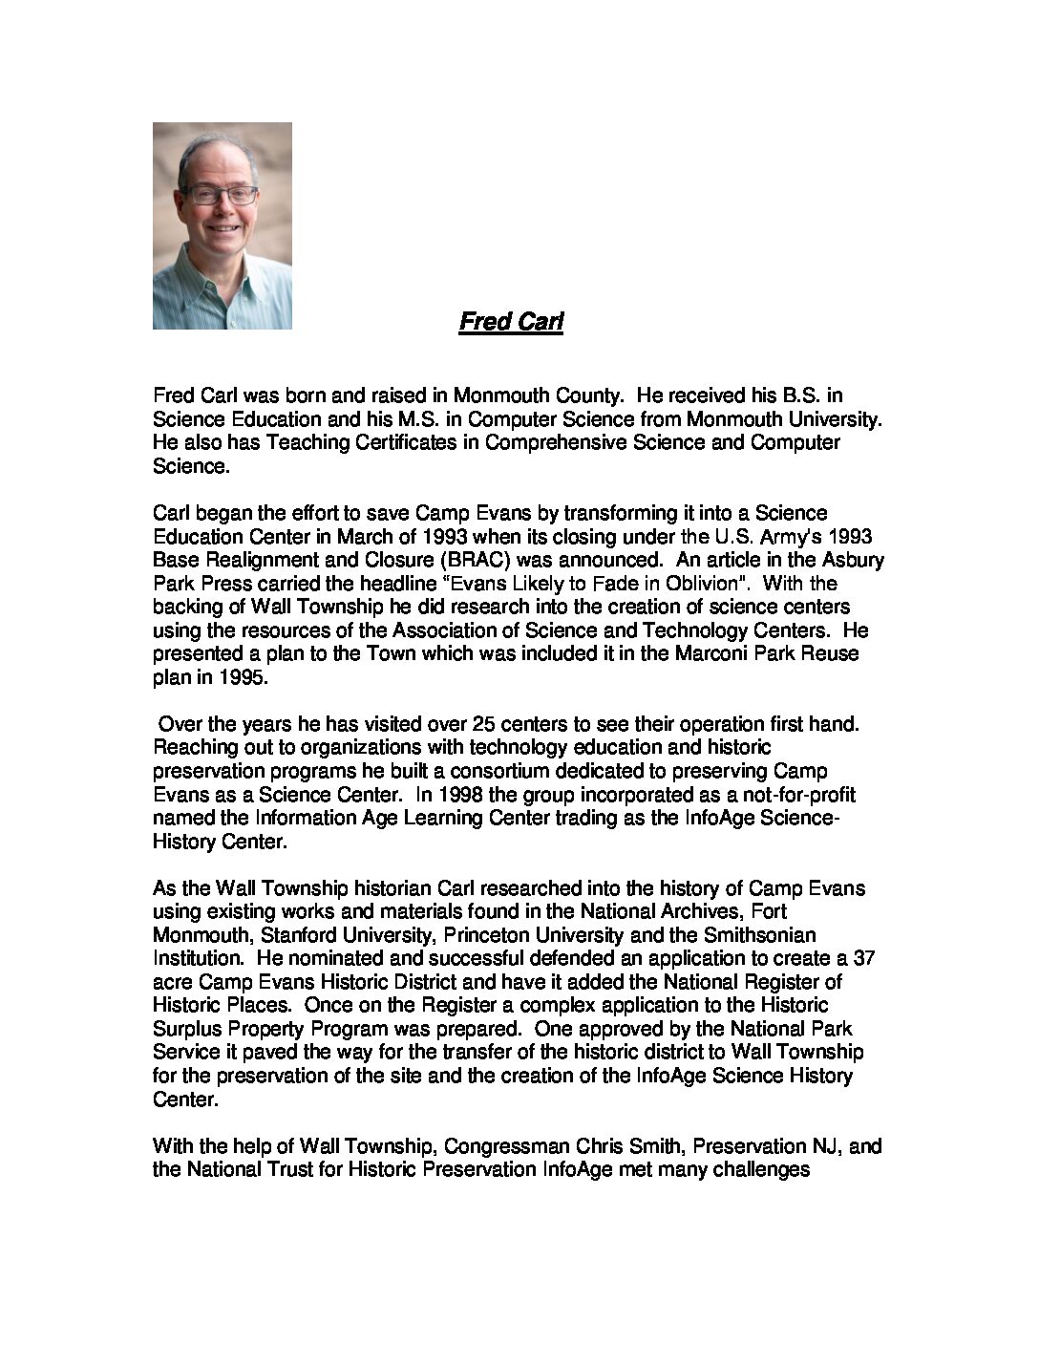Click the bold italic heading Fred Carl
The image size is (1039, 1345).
tap(511, 322)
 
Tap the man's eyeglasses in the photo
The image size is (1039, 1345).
tap(221, 195)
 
